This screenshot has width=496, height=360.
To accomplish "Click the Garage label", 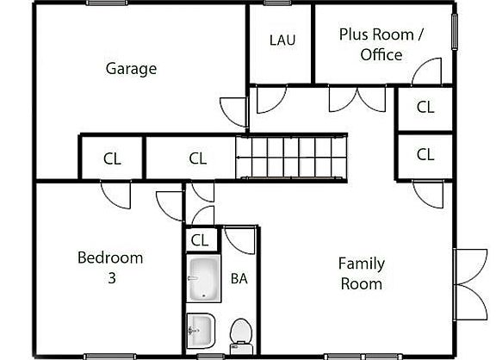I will (131, 68).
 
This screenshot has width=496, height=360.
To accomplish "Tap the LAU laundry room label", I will (282, 40).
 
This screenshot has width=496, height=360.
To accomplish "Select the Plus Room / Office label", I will (381, 44).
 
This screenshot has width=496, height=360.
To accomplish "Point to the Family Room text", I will (361, 273).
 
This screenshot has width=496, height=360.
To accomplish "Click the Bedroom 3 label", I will (110, 267).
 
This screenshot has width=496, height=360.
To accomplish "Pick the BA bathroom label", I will (239, 278).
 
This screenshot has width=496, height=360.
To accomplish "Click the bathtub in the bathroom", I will (203, 280).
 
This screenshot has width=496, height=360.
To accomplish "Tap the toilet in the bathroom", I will (240, 333).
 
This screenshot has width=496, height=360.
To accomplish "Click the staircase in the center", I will (292, 156).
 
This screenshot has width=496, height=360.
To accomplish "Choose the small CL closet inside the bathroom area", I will (200, 240).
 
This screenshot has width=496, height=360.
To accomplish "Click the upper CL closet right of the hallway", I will (425, 108).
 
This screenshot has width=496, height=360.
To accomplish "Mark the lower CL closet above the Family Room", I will (425, 155).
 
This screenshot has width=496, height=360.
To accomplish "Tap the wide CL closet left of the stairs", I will (197, 158).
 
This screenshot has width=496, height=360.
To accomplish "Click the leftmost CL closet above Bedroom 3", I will (112, 158).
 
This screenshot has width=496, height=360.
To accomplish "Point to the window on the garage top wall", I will (108, 3).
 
